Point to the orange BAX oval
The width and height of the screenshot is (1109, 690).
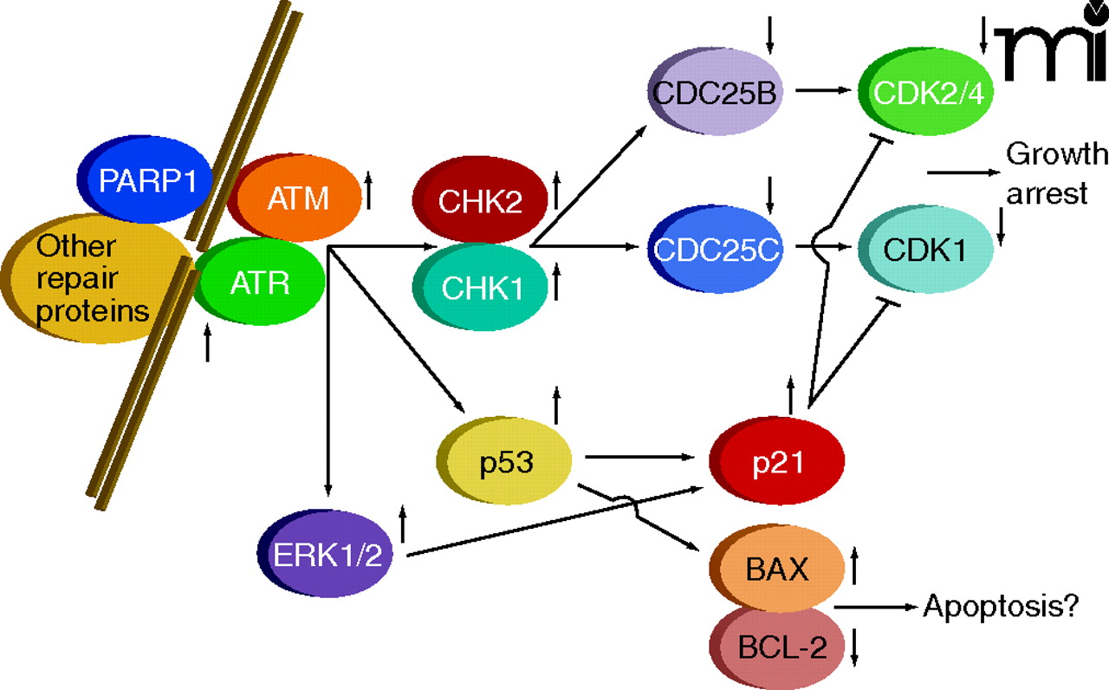click(x=776, y=570)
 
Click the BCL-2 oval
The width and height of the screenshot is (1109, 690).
click(x=776, y=646)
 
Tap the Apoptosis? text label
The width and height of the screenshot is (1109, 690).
click(x=999, y=606)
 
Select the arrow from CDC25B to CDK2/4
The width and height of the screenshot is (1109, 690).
click(x=823, y=88)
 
